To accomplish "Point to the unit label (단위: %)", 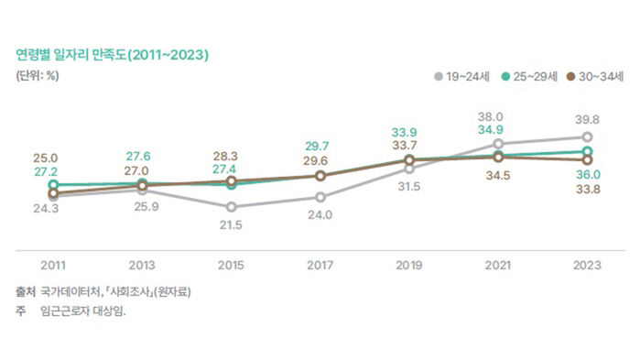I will coord(38,76).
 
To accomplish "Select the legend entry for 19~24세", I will coord(462,77).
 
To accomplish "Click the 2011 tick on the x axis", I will coord(53,265).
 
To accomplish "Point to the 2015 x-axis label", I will coord(231,265).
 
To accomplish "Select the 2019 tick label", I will coord(409,265).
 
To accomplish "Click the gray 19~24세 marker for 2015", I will coord(231,207).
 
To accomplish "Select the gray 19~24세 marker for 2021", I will coord(498,144).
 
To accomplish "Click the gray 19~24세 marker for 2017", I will coord(320,197).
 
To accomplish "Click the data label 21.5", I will coord(231,224).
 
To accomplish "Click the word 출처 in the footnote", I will coord(24,292).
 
